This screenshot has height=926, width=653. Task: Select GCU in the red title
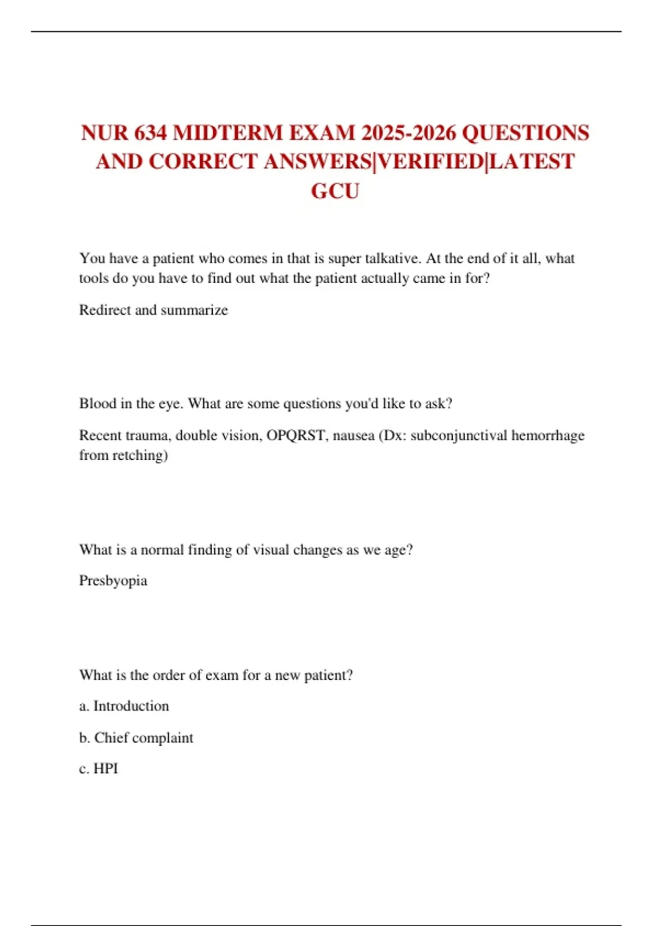335,191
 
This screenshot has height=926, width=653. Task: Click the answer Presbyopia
113,581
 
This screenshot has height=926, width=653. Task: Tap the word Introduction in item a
131,706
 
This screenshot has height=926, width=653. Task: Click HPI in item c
106,769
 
